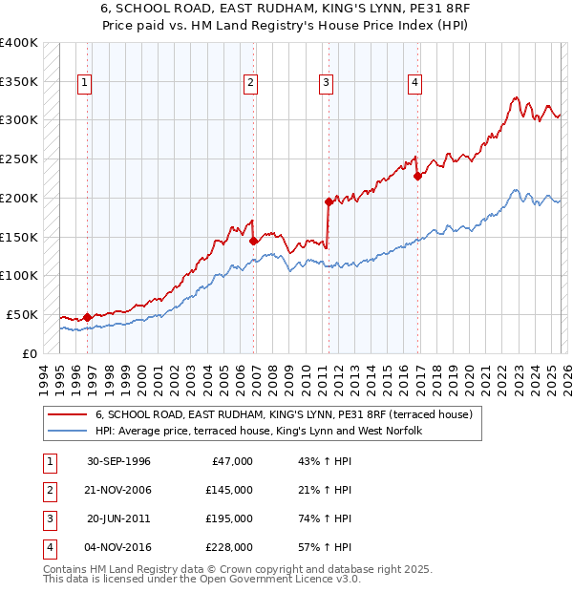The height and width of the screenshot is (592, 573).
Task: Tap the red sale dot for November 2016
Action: point(417,175)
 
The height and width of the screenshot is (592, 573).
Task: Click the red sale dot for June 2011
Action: point(328,201)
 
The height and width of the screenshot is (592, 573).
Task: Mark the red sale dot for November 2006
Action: point(254,241)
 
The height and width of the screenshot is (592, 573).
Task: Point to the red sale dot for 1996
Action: point(87,317)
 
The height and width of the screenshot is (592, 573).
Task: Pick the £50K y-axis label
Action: point(22,314)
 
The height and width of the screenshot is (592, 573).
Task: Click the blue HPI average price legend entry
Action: point(258,432)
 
